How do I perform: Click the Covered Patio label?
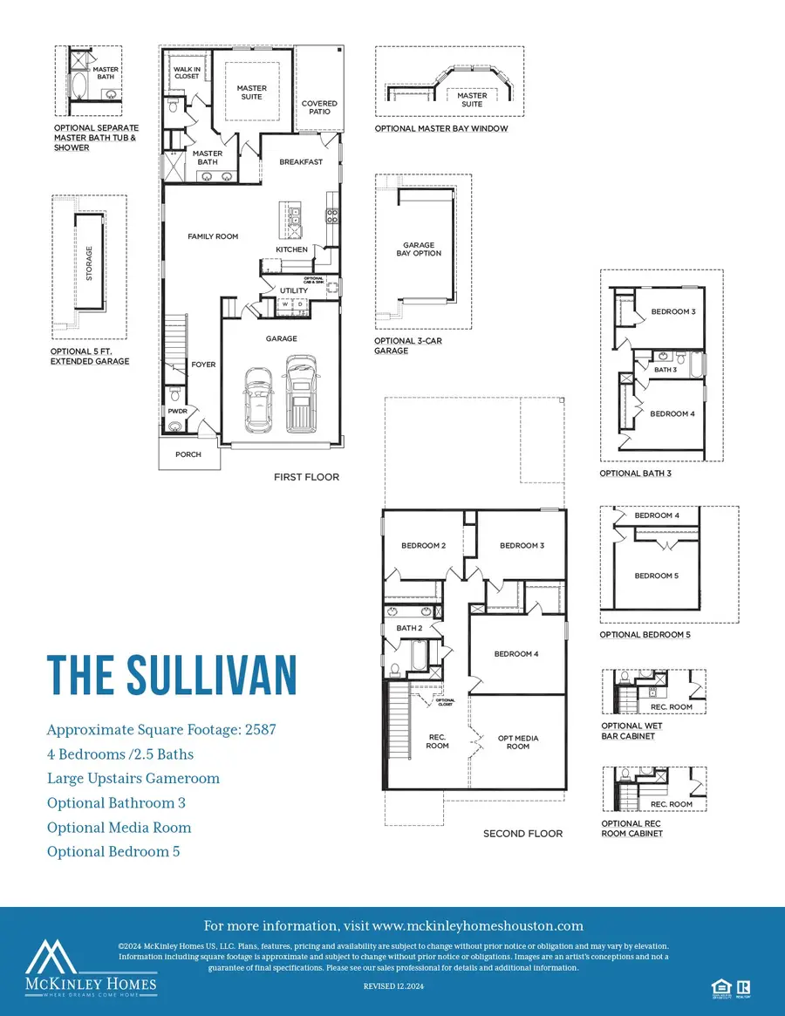(319, 108)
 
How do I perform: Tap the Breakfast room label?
(301, 162)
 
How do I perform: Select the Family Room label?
(213, 236)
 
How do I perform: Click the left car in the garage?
(259, 399)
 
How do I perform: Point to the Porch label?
(188, 454)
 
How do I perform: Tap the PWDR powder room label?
(178, 410)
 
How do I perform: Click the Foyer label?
(203, 365)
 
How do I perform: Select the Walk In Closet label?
(186, 72)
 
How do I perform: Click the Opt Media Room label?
(518, 742)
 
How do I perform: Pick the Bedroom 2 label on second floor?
(424, 546)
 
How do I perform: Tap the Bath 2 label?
(409, 628)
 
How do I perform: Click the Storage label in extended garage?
(89, 263)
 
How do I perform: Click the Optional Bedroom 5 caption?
(645, 635)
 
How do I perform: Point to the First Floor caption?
(306, 477)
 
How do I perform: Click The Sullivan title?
(172, 674)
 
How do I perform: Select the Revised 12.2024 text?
(392, 985)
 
